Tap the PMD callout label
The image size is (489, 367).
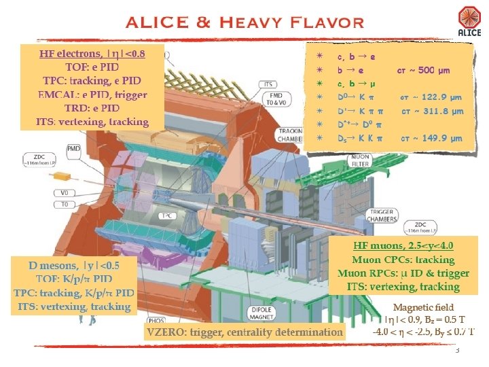74,147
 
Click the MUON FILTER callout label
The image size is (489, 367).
360,160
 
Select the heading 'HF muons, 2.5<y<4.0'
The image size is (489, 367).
403,245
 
